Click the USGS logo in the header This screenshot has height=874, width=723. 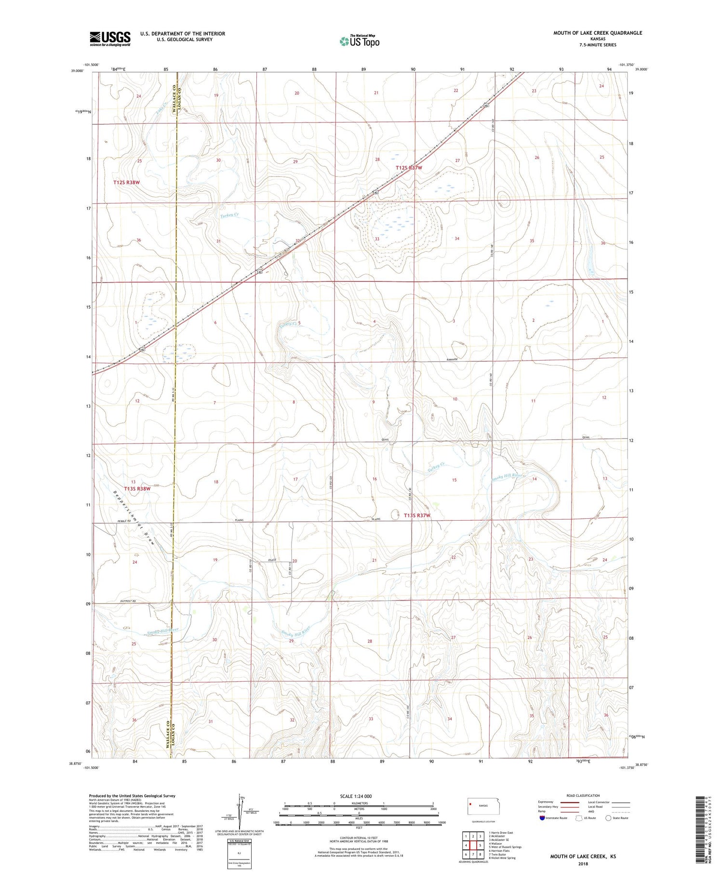pyautogui.click(x=110, y=39)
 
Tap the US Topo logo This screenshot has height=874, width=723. pyautogui.click(x=360, y=41)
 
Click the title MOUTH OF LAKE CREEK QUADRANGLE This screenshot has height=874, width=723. pyautogui.click(x=597, y=33)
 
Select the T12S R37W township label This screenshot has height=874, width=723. pyautogui.click(x=409, y=168)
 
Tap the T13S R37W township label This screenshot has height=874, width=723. pyautogui.click(x=416, y=516)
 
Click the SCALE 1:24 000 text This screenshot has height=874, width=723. pyautogui.click(x=356, y=796)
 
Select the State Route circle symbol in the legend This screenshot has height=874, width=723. pyautogui.click(x=608, y=818)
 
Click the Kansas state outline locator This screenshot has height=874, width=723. pyautogui.click(x=488, y=806)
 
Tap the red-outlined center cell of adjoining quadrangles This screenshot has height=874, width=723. pyautogui.click(x=473, y=845)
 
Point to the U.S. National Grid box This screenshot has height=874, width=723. pyautogui.click(x=240, y=854)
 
